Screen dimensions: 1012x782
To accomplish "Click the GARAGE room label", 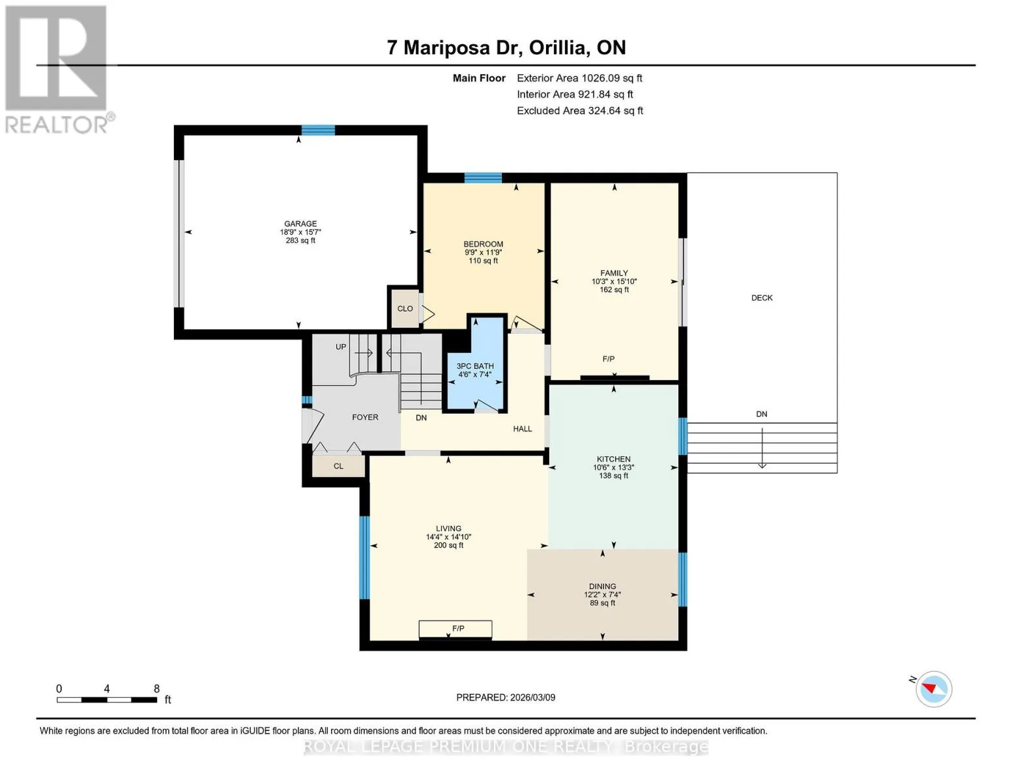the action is pyautogui.click(x=300, y=224).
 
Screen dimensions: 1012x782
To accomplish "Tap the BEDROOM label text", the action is pyautogui.click(x=483, y=244).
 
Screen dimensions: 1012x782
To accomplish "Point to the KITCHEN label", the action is pyautogui.click(x=613, y=459).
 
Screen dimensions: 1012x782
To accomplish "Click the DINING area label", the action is pyautogui.click(x=602, y=586).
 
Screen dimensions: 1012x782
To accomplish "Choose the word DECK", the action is pyautogui.click(x=762, y=298).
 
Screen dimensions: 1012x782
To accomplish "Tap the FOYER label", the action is pyautogui.click(x=365, y=417).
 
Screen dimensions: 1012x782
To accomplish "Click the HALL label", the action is pyautogui.click(x=522, y=429).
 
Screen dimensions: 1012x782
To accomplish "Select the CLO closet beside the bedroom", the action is pyautogui.click(x=405, y=308).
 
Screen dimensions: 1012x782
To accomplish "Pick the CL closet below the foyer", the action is pyautogui.click(x=339, y=466).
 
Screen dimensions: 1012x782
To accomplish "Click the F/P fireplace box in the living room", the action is pyautogui.click(x=455, y=629).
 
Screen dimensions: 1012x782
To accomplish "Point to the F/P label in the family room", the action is pyautogui.click(x=608, y=359).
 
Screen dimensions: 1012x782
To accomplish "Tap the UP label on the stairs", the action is pyautogui.click(x=341, y=347).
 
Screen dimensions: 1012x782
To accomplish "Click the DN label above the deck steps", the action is pyautogui.click(x=762, y=414).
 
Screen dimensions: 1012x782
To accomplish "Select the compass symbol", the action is pyautogui.click(x=933, y=689).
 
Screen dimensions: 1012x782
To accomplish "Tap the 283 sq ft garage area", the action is pyautogui.click(x=300, y=240).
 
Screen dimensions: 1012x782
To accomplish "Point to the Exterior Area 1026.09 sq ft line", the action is pyautogui.click(x=579, y=78).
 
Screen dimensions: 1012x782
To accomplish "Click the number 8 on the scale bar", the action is pyautogui.click(x=156, y=688).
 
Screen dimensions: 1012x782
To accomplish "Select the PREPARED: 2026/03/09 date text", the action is pyautogui.click(x=505, y=697).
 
